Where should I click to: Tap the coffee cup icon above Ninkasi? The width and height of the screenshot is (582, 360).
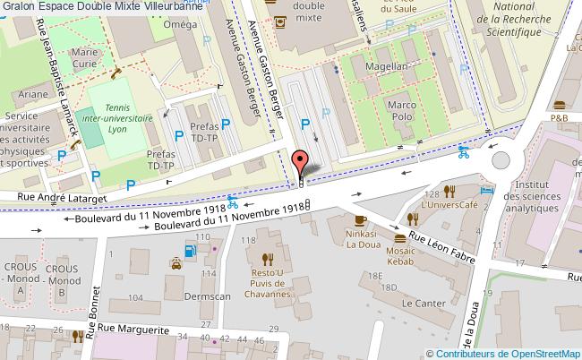click(360, 220)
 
